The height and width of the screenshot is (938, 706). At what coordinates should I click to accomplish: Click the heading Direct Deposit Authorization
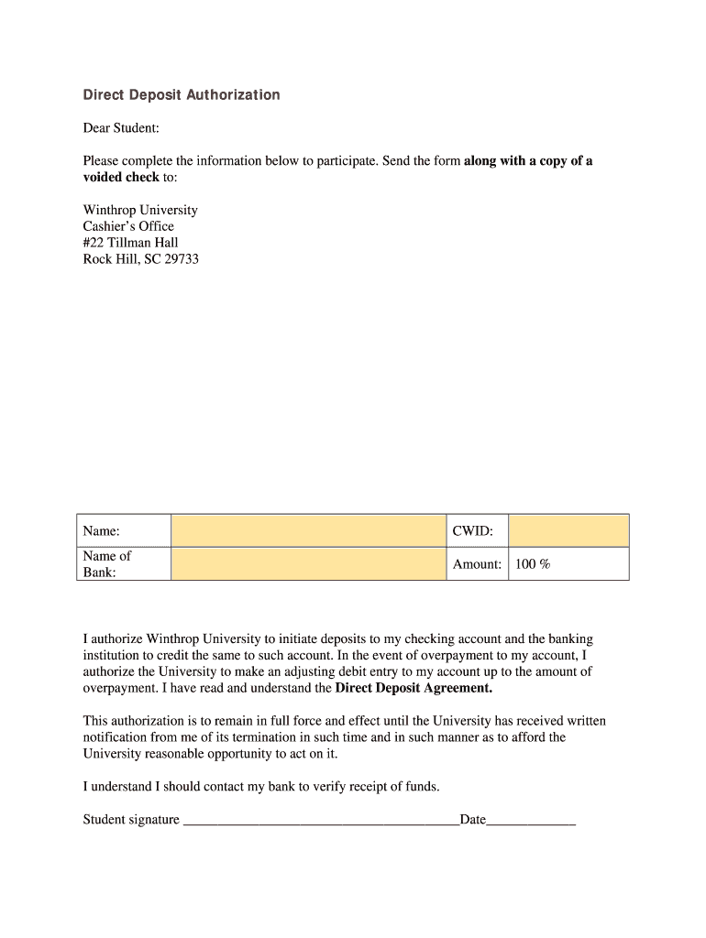(x=182, y=95)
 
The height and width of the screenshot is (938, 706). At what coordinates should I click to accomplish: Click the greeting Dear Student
(x=121, y=128)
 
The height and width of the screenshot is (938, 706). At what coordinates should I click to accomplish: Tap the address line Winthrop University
(x=140, y=210)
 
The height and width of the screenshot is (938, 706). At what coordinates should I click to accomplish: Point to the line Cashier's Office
(x=128, y=226)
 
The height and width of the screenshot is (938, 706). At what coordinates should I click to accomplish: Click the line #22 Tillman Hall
(x=130, y=243)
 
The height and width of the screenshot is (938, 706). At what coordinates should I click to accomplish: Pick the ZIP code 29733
(x=182, y=259)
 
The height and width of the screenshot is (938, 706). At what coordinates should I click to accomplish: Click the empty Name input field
(x=308, y=530)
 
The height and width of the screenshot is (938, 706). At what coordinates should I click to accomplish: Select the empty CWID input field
(x=568, y=530)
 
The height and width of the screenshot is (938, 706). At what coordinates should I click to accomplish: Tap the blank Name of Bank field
(x=308, y=563)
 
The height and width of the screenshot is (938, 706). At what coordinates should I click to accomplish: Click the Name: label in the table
(x=102, y=531)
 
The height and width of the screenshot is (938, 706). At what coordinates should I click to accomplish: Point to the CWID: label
(x=473, y=531)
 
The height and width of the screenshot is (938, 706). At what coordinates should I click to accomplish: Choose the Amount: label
(x=477, y=564)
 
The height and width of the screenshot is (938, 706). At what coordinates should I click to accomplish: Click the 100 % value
(x=533, y=564)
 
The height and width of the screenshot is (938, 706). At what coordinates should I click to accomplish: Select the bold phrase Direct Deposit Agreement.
(x=414, y=688)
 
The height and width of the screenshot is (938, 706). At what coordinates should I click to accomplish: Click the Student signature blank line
(x=321, y=820)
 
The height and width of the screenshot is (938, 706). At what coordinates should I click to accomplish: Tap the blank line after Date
(x=531, y=820)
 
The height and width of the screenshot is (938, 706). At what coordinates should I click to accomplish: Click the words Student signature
(x=131, y=820)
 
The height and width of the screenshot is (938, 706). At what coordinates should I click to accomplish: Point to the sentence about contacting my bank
(x=261, y=787)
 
